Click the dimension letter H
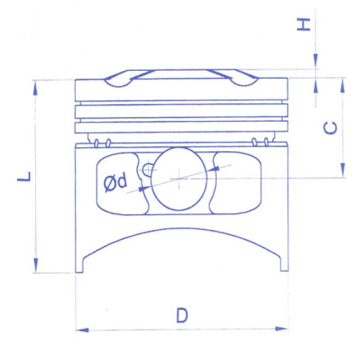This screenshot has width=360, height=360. (x=303, y=25)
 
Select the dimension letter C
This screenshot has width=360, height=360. (x=331, y=128)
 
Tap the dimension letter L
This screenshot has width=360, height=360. (x=24, y=177)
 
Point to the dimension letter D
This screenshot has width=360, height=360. (x=182, y=315)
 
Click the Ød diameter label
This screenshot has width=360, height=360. (x=115, y=182)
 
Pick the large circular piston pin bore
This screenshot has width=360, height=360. (x=178, y=179)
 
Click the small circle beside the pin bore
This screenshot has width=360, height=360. (x=147, y=169)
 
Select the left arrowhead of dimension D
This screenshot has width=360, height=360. (x=82, y=330)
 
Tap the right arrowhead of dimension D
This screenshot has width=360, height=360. (x=281, y=329)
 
